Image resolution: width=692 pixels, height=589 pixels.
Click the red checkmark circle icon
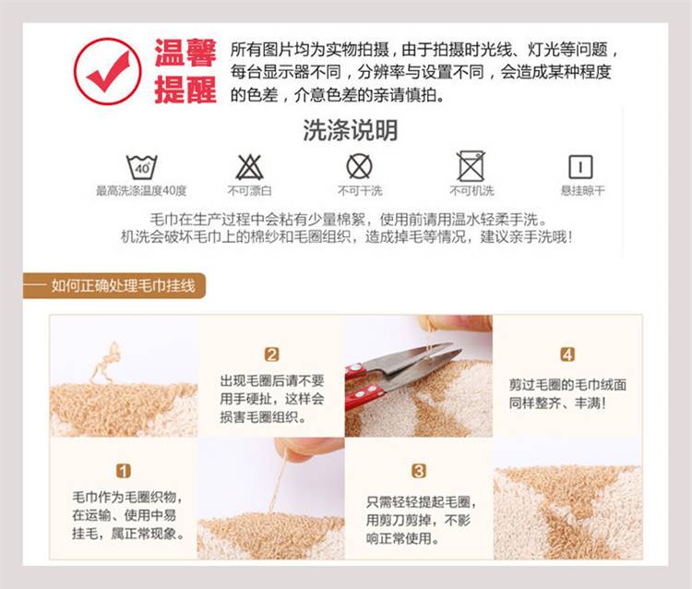[107, 71]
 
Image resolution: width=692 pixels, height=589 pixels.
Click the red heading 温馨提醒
[185, 71]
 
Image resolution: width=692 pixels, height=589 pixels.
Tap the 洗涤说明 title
[351, 130]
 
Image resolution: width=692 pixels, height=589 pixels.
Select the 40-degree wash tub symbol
[142, 167]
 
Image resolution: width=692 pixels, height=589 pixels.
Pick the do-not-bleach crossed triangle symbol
[249, 167]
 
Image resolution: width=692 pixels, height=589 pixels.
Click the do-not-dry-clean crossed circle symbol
[359, 166]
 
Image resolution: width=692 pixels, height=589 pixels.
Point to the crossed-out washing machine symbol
[471, 166]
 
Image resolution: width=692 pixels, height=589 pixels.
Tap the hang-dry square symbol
[580, 167]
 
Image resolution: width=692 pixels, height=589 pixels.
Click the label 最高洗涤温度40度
[141, 191]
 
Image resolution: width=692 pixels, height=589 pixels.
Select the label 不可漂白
[249, 191]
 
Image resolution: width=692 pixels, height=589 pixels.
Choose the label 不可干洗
[360, 191]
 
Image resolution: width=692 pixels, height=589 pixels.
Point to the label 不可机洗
[471, 191]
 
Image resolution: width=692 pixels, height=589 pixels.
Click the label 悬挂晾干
[582, 191]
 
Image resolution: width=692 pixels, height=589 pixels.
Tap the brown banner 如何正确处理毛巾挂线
[114, 285]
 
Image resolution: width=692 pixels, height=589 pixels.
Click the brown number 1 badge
[124, 471]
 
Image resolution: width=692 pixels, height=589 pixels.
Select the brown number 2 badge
[272, 355]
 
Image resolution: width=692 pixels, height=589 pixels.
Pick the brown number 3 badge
[418, 471]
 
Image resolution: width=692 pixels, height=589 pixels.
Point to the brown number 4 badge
[567, 355]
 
